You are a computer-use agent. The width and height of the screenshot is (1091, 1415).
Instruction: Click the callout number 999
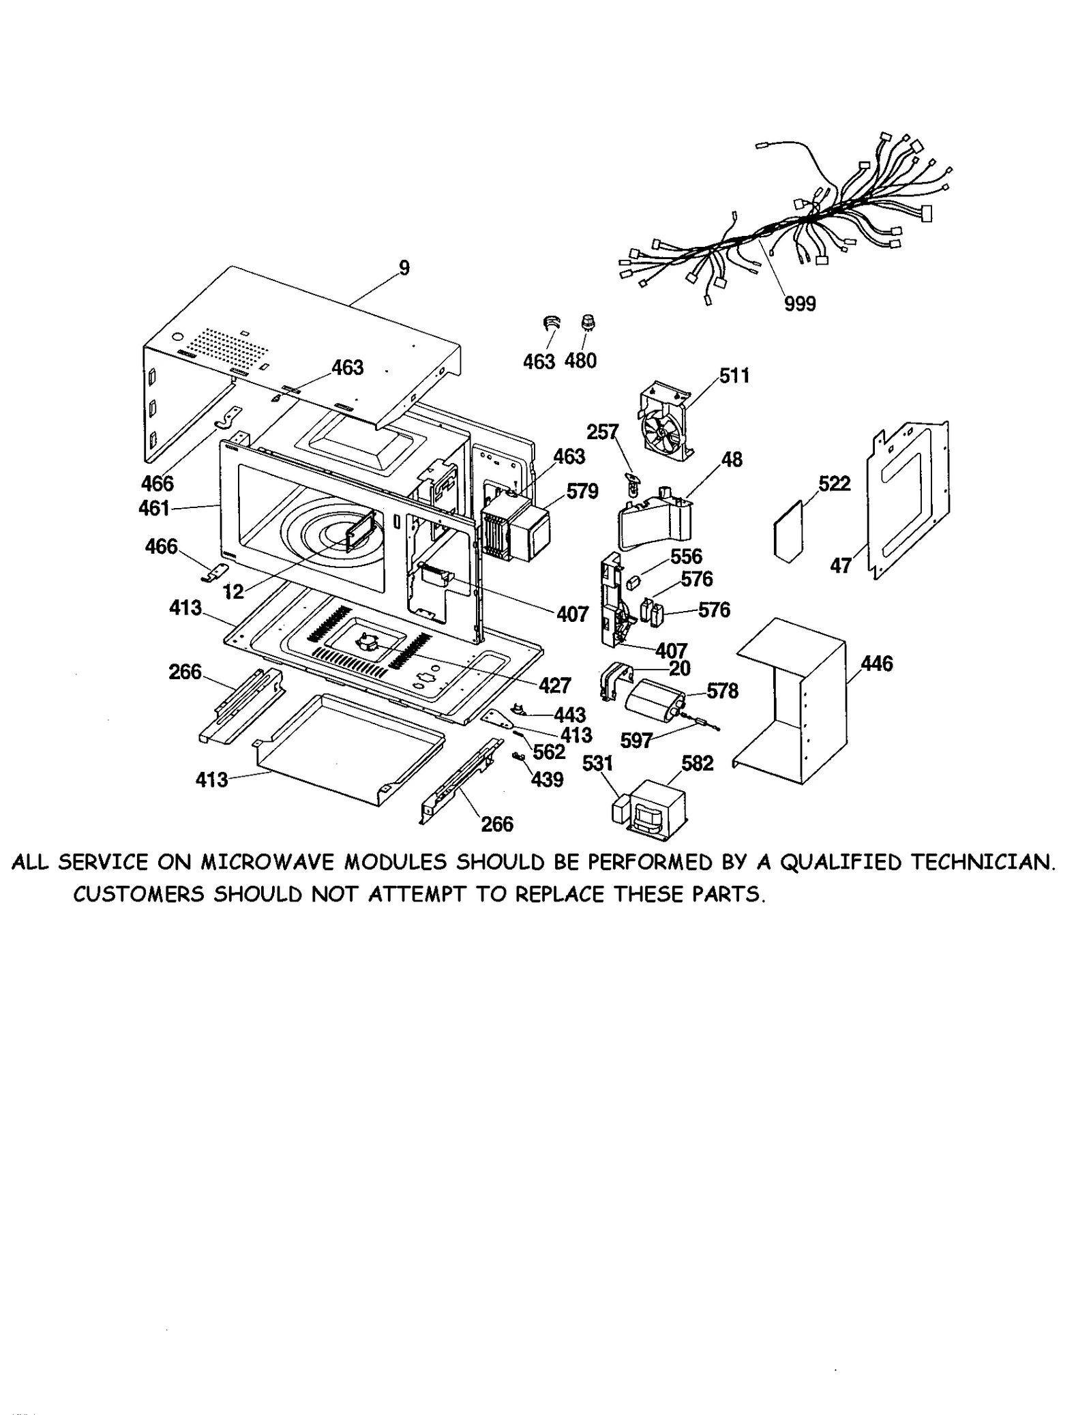click(799, 303)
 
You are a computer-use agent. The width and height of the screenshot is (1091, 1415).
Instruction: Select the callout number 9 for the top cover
click(404, 268)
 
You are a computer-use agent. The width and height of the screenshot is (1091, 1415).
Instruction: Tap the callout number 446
click(876, 664)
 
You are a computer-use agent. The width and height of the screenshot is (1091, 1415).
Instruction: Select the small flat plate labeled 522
click(788, 531)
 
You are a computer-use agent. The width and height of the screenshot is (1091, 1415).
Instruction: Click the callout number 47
click(840, 565)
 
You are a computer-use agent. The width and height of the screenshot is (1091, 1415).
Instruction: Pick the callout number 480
click(580, 361)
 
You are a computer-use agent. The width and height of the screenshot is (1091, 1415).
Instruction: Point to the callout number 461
click(153, 508)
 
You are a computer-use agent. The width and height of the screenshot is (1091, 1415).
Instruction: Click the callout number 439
click(547, 779)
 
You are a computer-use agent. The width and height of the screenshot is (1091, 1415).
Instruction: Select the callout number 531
click(597, 763)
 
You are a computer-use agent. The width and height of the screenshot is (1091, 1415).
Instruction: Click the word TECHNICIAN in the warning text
click(983, 863)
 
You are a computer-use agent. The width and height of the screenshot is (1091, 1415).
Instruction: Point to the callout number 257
click(602, 432)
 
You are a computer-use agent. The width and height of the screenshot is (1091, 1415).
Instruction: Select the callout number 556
click(686, 556)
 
